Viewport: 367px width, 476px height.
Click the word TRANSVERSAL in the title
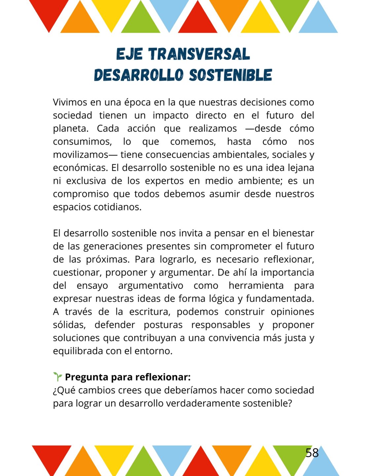pos(199,54)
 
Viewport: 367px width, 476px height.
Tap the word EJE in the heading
pos(129,54)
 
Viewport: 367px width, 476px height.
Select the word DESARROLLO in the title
pos(139,75)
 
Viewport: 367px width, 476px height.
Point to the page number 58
pos(312,453)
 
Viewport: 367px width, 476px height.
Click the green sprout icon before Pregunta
pos(57,377)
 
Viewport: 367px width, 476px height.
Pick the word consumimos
pos(82,142)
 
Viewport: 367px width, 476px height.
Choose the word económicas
pos(80,168)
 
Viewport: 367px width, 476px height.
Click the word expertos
pos(164,181)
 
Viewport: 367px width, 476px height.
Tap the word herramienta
pos(256,286)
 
